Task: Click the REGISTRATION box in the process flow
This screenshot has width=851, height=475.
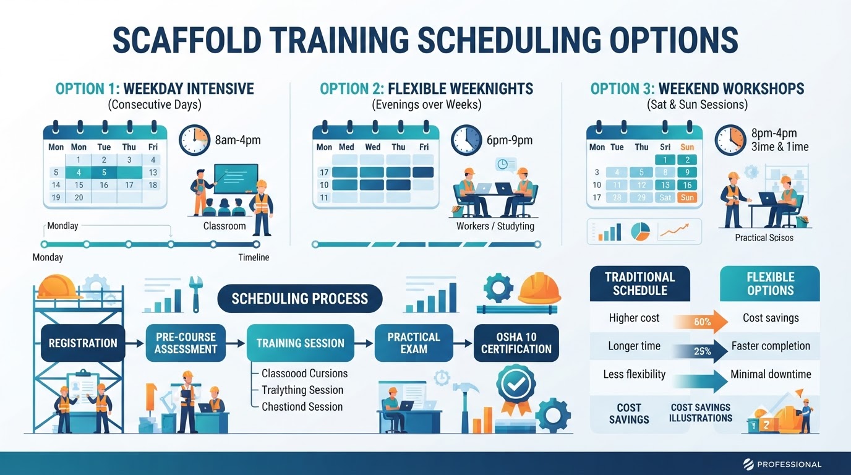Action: click(x=83, y=343)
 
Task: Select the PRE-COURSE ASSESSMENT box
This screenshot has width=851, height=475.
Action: click(x=186, y=343)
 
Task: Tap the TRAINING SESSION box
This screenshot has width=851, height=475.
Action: click(x=300, y=343)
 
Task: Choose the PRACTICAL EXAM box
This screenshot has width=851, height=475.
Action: click(x=414, y=343)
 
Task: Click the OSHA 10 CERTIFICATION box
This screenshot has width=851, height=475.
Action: click(x=516, y=343)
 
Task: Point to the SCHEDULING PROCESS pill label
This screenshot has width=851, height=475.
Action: click(x=300, y=299)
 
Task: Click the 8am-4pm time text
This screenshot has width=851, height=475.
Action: click(x=238, y=140)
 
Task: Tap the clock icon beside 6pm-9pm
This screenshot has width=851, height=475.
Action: click(x=466, y=140)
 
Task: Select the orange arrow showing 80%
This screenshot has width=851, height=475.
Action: click(x=700, y=322)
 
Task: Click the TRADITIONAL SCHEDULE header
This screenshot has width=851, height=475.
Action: click(x=639, y=283)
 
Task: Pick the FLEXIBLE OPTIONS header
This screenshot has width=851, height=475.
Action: click(x=770, y=283)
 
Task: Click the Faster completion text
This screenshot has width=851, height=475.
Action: click(x=771, y=346)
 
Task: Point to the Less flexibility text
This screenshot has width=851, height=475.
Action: click(x=634, y=374)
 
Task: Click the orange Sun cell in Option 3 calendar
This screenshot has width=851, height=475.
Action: click(x=687, y=197)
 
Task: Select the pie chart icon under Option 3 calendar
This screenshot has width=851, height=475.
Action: click(x=641, y=231)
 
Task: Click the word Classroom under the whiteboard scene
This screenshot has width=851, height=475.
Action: click(x=225, y=226)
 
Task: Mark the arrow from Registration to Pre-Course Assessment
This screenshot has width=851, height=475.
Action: click(x=135, y=343)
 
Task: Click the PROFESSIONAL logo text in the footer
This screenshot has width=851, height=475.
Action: click(x=789, y=464)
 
